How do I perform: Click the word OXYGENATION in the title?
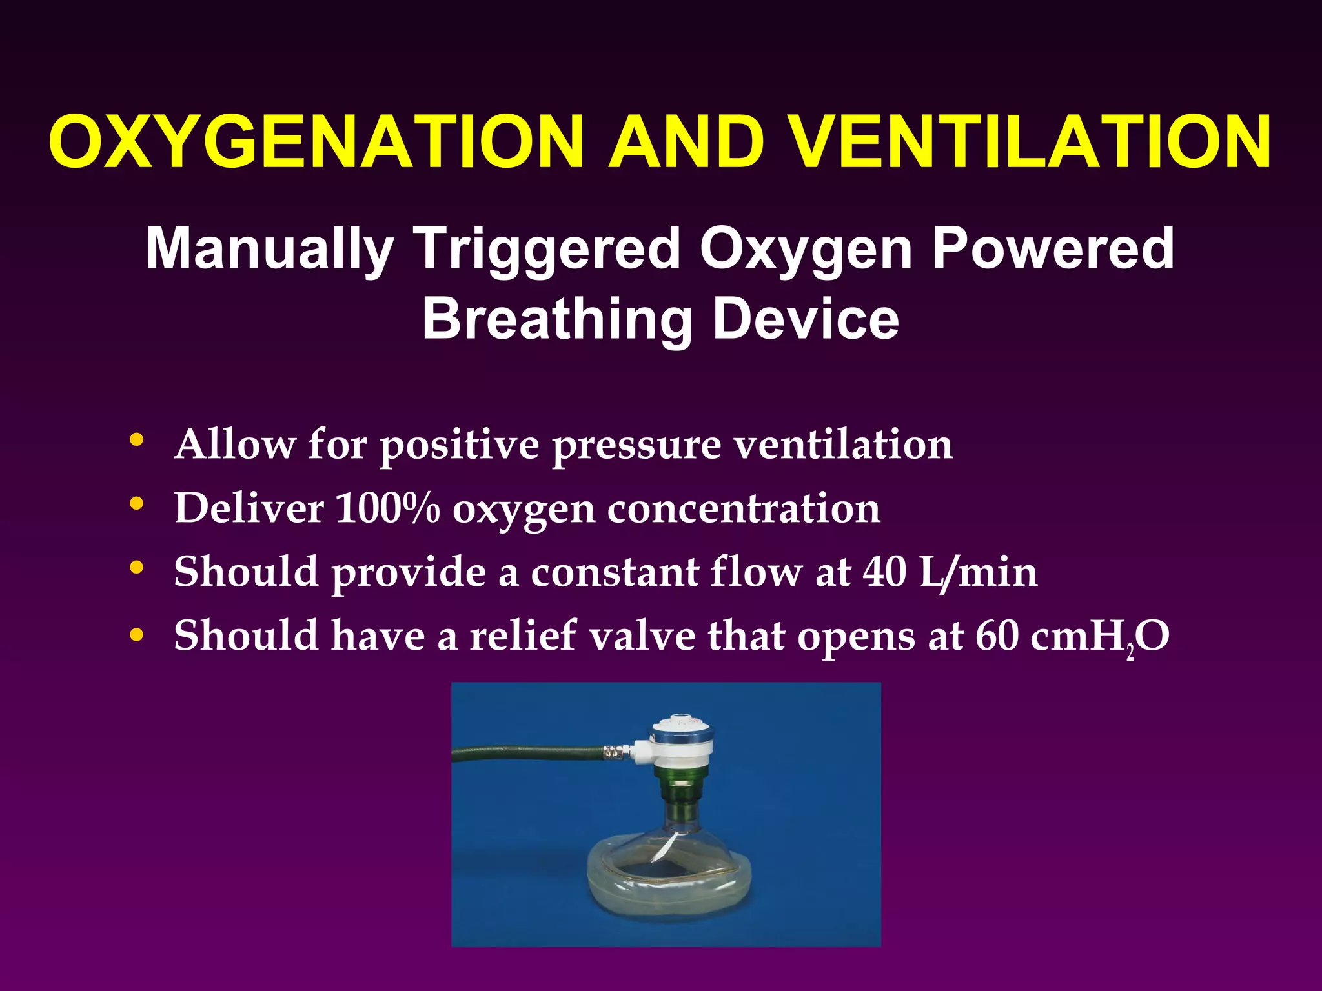[x=316, y=142]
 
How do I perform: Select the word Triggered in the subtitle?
[x=547, y=249]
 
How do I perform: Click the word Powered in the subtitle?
[x=1053, y=249]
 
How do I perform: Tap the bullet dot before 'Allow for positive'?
[x=136, y=440]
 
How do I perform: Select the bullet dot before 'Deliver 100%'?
[x=136, y=504]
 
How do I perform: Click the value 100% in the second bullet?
[x=388, y=508]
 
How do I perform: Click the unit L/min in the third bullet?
[x=978, y=572]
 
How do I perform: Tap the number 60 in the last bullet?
[x=997, y=636]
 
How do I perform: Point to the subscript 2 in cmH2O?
[x=1130, y=655]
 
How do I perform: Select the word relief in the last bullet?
[x=523, y=636]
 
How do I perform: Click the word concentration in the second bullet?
[x=744, y=508]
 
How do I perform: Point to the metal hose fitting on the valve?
[x=617, y=751]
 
